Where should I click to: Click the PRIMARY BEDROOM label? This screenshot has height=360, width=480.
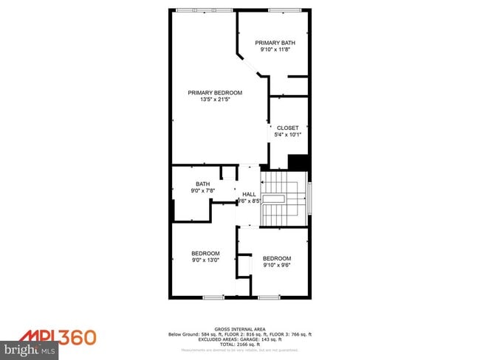pyautogui.click(x=215, y=93)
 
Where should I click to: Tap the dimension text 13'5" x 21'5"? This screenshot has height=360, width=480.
pyautogui.click(x=215, y=100)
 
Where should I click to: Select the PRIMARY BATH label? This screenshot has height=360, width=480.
pyautogui.click(x=275, y=43)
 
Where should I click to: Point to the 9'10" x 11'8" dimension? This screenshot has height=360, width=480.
pyautogui.click(x=275, y=49)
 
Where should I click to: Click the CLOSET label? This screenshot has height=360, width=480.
pyautogui.click(x=287, y=128)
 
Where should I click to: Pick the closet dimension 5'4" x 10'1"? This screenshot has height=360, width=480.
pyautogui.click(x=287, y=134)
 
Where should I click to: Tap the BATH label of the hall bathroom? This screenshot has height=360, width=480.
pyautogui.click(x=202, y=184)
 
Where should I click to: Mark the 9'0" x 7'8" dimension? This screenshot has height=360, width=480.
pyautogui.click(x=202, y=191)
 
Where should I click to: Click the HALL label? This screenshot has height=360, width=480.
pyautogui.click(x=249, y=194)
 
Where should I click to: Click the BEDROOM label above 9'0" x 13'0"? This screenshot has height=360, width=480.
pyautogui.click(x=206, y=253)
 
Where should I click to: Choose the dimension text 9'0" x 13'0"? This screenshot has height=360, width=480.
pyautogui.click(x=206, y=260)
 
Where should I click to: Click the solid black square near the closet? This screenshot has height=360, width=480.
pyautogui.click(x=298, y=162)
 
